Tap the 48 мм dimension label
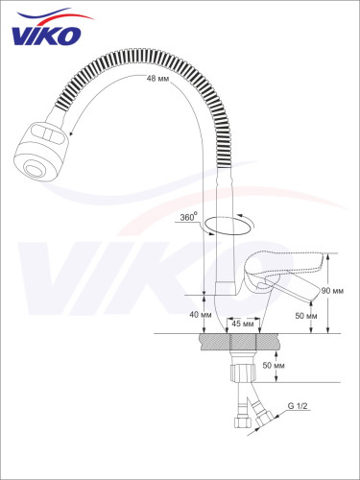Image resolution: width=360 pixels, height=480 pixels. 157,78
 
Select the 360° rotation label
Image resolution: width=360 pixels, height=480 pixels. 187,217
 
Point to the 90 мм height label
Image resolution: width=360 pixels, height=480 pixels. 333,291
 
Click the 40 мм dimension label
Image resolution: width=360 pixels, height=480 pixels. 201,315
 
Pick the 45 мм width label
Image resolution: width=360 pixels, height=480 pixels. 243,324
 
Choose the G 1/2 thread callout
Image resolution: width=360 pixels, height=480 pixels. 298,406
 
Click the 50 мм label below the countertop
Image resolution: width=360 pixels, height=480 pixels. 274,365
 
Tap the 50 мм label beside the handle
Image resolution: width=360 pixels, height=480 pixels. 306,316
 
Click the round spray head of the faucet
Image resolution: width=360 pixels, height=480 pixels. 41,151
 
